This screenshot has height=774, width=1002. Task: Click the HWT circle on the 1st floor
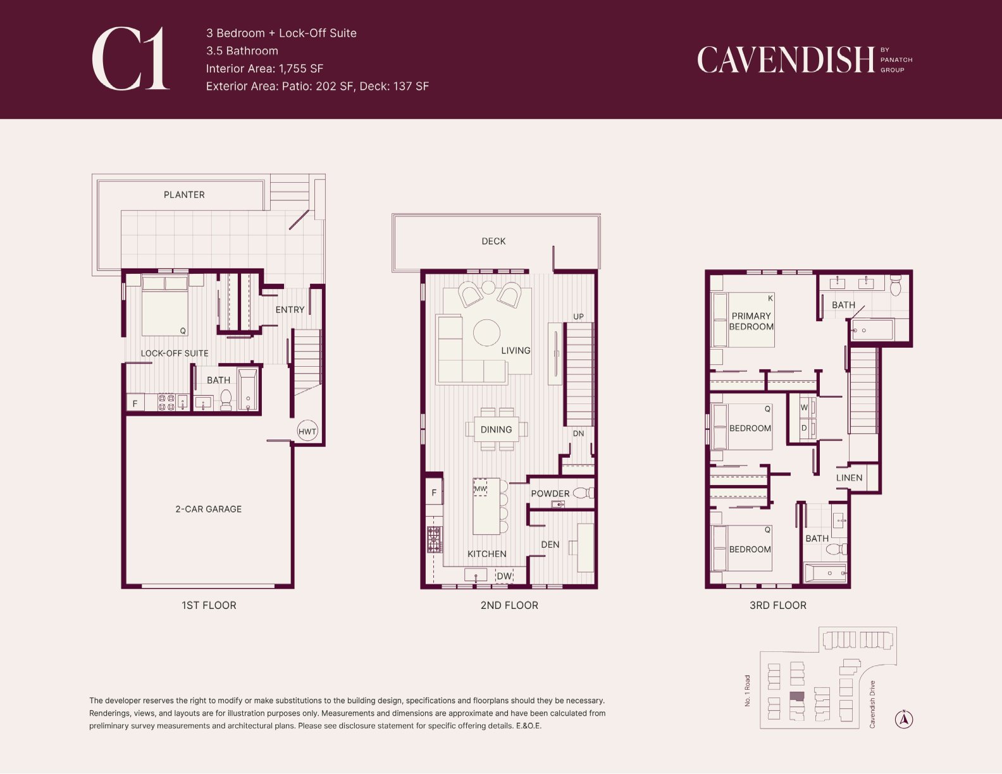(x=307, y=431)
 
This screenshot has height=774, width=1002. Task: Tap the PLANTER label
(x=184, y=195)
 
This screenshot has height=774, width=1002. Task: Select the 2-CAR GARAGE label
(x=208, y=509)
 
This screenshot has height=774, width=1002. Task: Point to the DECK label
(x=493, y=241)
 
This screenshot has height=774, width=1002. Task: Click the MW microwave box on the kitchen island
(x=480, y=488)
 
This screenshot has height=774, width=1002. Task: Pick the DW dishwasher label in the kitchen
(x=504, y=576)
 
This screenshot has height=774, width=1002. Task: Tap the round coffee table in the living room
(x=486, y=333)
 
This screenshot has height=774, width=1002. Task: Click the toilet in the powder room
(x=584, y=493)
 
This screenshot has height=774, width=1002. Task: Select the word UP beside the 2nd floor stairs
(x=578, y=317)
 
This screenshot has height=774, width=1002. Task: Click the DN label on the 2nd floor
(x=578, y=433)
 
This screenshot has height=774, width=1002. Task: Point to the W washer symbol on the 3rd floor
(x=804, y=407)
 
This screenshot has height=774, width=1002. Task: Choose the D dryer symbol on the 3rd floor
(x=804, y=428)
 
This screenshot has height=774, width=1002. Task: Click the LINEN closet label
(x=849, y=477)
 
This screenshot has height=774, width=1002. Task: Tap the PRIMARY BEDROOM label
(x=751, y=321)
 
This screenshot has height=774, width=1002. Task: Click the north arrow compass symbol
(x=904, y=719)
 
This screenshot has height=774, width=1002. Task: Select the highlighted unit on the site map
(x=797, y=696)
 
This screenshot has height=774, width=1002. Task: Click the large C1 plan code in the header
(x=130, y=59)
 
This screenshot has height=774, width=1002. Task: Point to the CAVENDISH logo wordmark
(x=786, y=59)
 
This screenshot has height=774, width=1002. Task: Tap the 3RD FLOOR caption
(x=778, y=605)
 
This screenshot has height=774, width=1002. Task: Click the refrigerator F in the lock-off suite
(x=135, y=403)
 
